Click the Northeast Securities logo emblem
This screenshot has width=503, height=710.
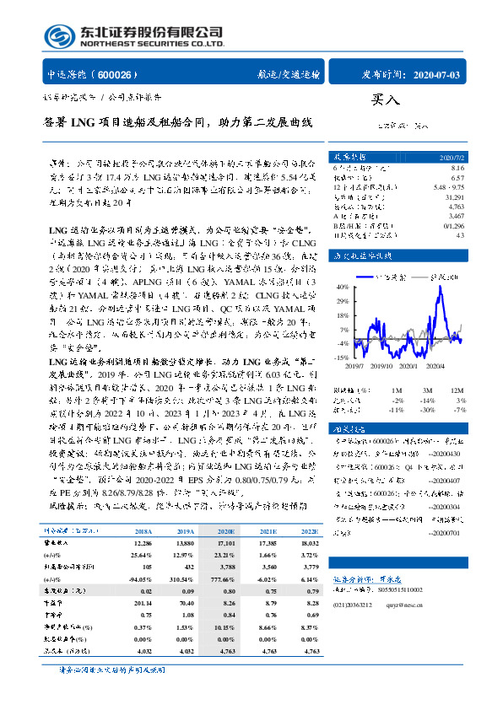58,36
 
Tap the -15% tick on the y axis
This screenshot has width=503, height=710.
343,358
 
